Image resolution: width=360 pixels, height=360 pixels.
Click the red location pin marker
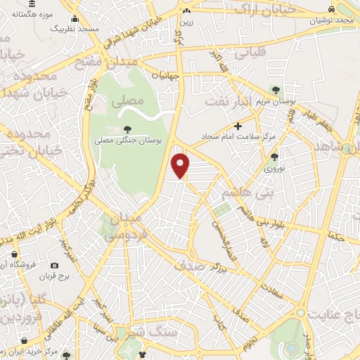click(181, 166)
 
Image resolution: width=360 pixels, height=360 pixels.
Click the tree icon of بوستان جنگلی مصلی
click(127, 129)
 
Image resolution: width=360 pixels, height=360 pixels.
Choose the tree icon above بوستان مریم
click(276, 90)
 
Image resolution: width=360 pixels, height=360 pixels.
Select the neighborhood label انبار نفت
click(228, 101)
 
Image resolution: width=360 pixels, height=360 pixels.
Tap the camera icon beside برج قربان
click(55, 266)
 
